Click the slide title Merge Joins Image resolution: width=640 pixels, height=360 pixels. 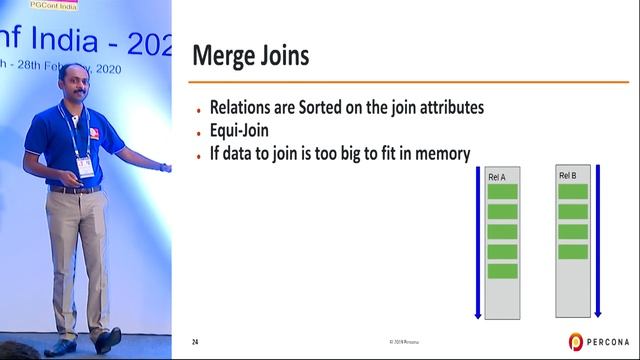[250, 55]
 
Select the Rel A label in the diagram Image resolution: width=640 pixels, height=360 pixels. [497, 177]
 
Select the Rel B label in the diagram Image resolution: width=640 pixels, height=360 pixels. [568, 177]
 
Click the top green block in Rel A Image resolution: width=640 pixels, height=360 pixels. [502, 192]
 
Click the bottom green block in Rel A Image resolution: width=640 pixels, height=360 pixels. [502, 271]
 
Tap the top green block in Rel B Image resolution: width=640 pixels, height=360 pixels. [573, 191]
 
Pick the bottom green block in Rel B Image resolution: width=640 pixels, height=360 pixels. [573, 251]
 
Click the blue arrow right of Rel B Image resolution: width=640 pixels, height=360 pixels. [597, 240]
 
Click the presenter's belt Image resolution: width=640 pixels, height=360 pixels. [75, 189]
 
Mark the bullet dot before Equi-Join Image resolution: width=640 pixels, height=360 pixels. [199, 131]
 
